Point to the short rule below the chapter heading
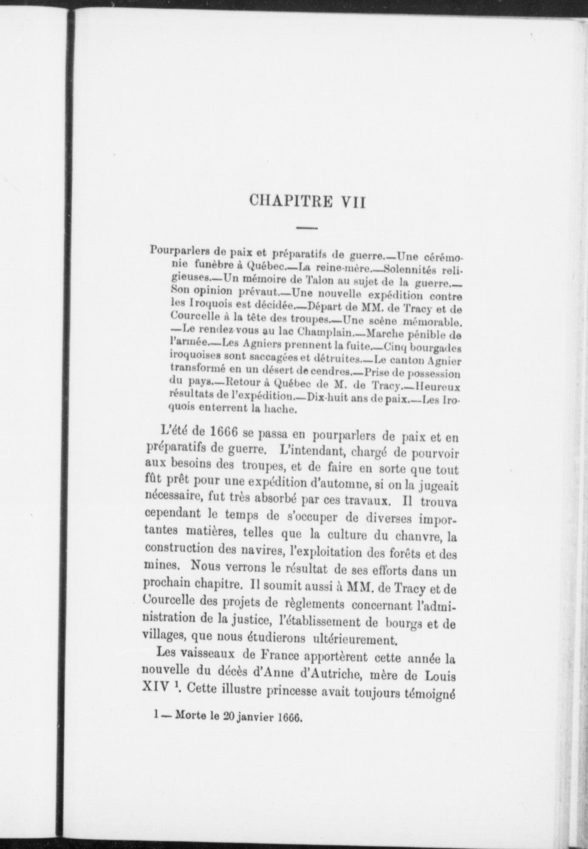tap(307, 229)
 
